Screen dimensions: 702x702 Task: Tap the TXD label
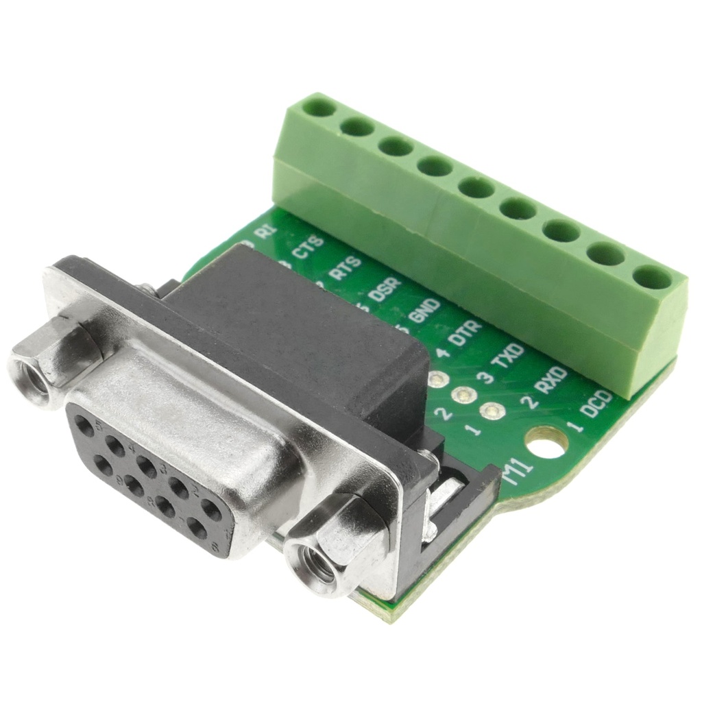[x=509, y=356]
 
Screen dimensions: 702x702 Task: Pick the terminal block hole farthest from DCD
[x=319, y=107]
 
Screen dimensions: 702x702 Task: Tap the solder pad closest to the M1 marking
[x=491, y=411]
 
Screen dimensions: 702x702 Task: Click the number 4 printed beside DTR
[x=444, y=354]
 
